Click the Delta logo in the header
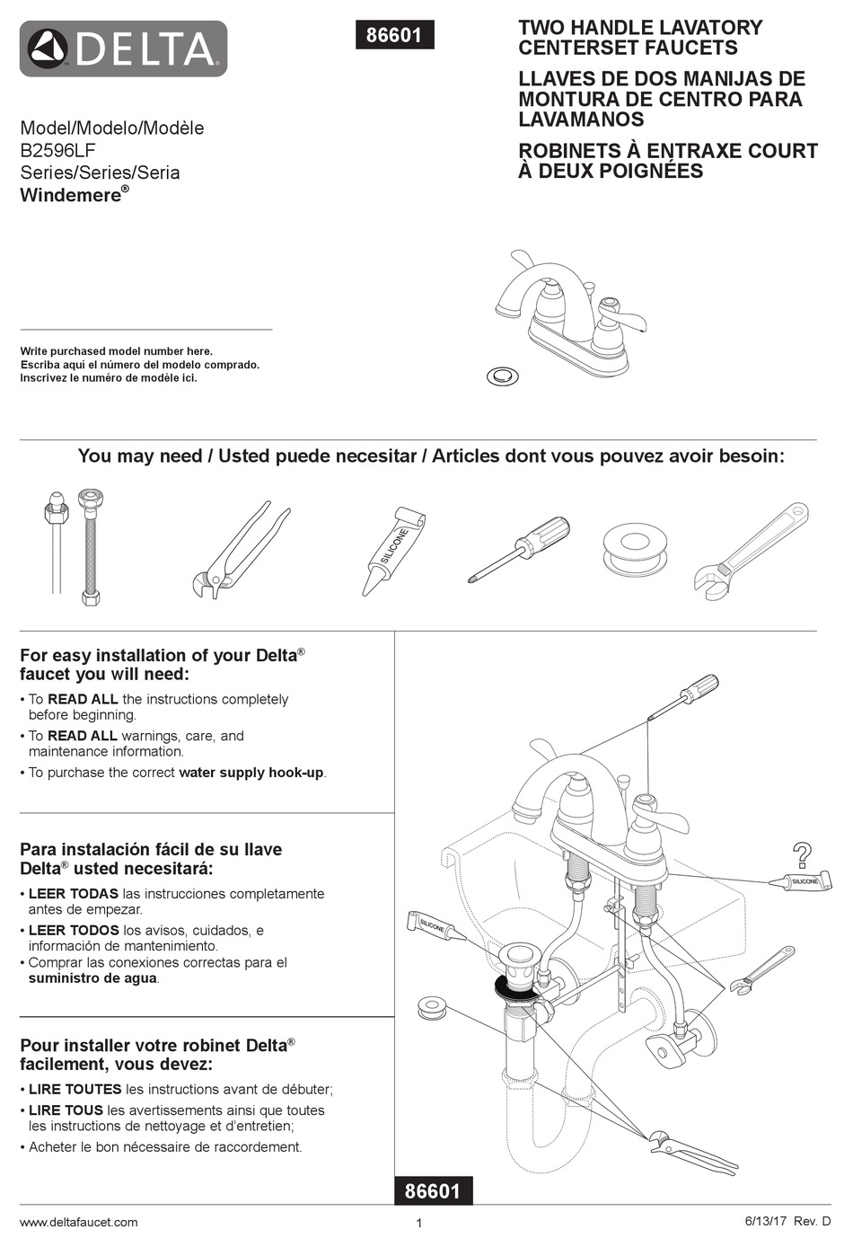click(x=123, y=49)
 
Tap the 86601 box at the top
click(x=393, y=35)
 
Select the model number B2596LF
click(x=57, y=150)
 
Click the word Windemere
click(x=70, y=195)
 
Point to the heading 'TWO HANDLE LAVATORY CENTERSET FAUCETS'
click(x=639, y=38)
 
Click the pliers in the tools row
click(x=240, y=550)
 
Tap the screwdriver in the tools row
click(x=520, y=549)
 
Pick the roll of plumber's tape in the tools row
click(x=636, y=550)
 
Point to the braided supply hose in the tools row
click(x=89, y=548)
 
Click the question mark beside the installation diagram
click(x=801, y=854)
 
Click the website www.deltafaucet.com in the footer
click(x=79, y=1222)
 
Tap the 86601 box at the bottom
click(x=433, y=1191)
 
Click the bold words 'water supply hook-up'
click(x=251, y=773)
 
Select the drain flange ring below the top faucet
click(x=503, y=375)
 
